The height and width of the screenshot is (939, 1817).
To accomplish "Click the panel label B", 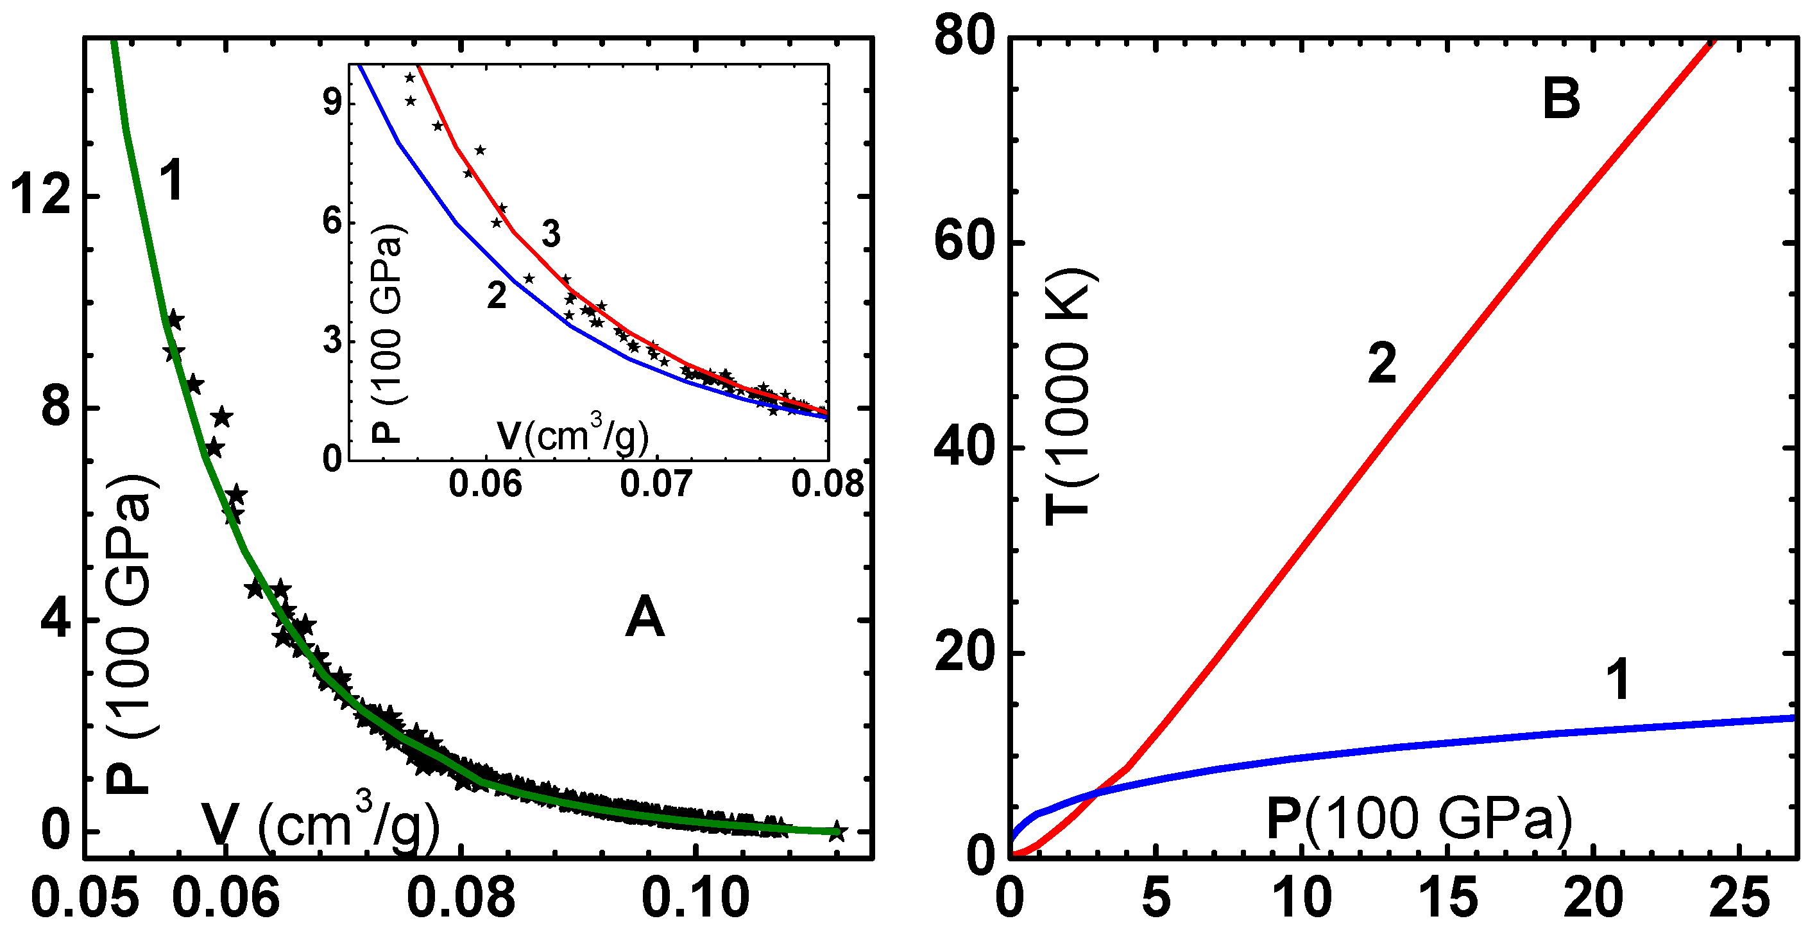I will pyautogui.click(x=1561, y=99).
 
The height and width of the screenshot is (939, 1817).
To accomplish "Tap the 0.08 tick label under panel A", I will pyautogui.click(x=461, y=898).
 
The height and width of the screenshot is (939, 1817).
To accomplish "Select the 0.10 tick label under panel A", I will pyautogui.click(x=695, y=898).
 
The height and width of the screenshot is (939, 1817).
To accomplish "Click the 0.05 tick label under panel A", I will pyautogui.click(x=85, y=898).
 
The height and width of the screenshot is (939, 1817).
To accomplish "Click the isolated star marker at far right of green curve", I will pyautogui.click(x=836, y=831).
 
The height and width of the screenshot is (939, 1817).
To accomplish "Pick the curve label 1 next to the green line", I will pyautogui.click(x=171, y=180).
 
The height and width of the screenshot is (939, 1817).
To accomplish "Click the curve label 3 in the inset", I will pyautogui.click(x=551, y=234).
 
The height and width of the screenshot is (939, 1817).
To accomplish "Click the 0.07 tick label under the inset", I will pyautogui.click(x=656, y=484).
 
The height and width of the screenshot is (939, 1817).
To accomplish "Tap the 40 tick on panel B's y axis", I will pyautogui.click(x=964, y=447).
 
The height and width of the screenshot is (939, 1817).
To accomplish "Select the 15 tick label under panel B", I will pyautogui.click(x=1447, y=898).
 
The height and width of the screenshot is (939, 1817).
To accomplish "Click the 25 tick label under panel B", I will pyautogui.click(x=1739, y=898).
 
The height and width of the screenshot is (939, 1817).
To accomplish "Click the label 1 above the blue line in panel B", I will pyautogui.click(x=1617, y=678).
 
